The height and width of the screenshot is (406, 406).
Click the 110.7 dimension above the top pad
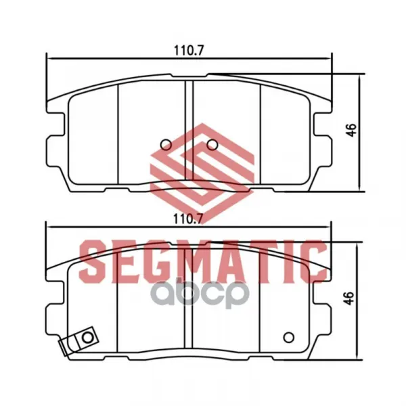(189, 51)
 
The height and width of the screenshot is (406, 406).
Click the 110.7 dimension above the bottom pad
(188, 219)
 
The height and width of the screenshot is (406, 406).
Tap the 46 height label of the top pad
(351, 130)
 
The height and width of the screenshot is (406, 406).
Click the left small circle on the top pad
(166, 145)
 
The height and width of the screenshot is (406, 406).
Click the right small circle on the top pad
(212, 145)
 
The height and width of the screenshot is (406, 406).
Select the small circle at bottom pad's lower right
(289, 338)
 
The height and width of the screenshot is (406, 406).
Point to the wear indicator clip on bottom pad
(79, 342)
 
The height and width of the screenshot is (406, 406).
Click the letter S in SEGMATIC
(93, 261)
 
